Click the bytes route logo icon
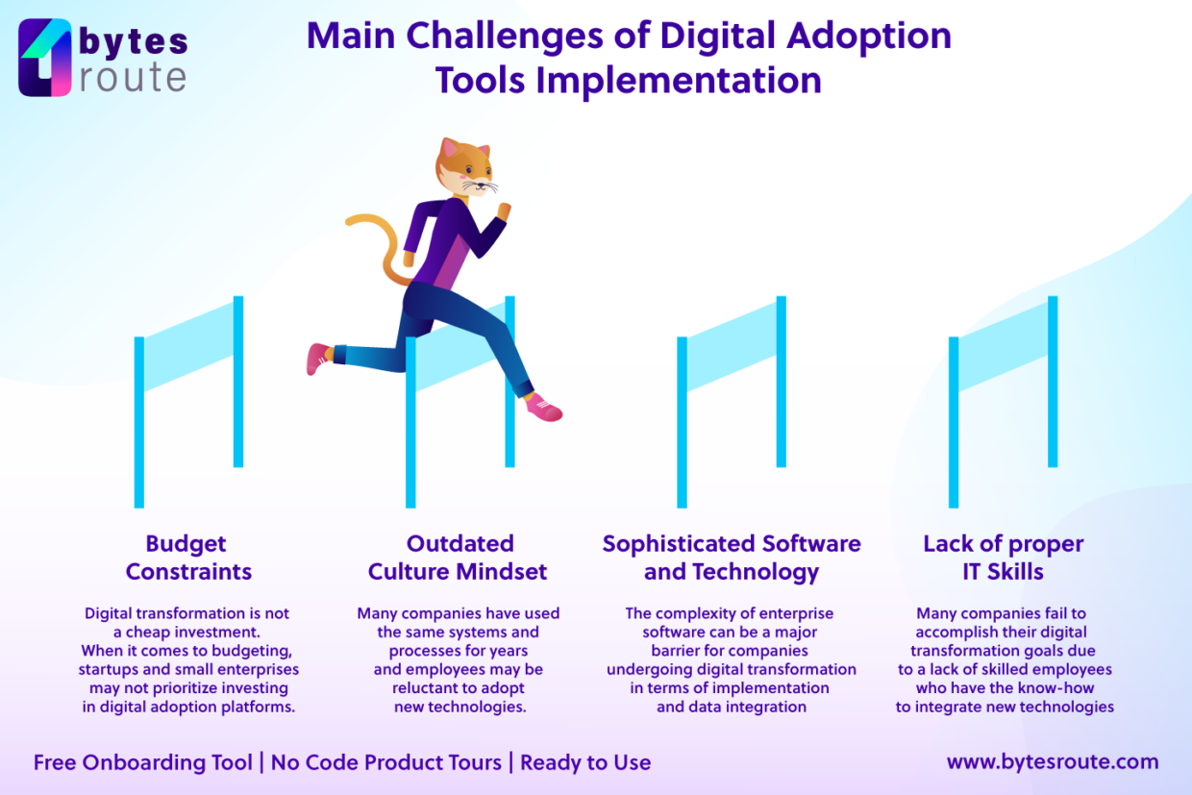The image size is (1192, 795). (45, 58)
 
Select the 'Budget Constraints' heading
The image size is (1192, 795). (188, 558)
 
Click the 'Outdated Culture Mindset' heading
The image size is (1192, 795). (458, 558)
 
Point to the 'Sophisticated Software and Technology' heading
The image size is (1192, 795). (732, 558)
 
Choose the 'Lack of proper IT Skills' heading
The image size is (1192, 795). (1003, 558)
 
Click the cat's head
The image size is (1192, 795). (465, 169)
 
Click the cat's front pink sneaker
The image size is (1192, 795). (544, 408)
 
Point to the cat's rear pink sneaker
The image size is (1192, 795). (317, 358)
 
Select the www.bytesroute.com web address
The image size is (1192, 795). (1053, 762)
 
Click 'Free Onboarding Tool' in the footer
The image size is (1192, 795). (143, 763)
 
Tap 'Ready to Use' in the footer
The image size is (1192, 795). (585, 763)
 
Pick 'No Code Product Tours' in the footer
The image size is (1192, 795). (386, 763)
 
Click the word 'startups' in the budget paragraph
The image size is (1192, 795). (110, 669)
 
